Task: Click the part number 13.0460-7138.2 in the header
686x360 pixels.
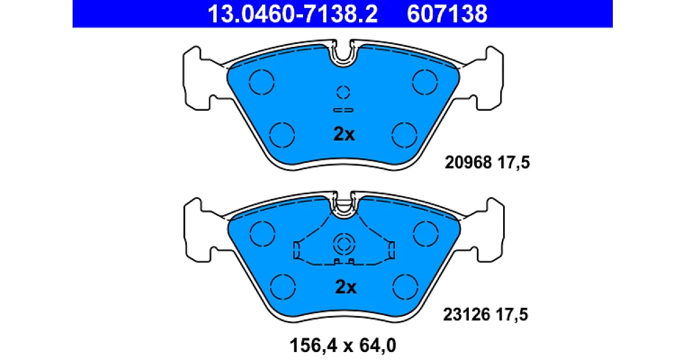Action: click(x=293, y=14)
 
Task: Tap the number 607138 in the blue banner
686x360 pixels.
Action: click(x=447, y=14)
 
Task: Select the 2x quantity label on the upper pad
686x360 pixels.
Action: click(x=344, y=134)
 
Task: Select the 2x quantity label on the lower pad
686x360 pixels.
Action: click(x=346, y=287)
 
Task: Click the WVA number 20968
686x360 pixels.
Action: click(x=468, y=162)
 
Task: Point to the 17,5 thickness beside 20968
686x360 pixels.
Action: click(x=513, y=162)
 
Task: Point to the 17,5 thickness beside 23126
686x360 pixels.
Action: click(x=512, y=315)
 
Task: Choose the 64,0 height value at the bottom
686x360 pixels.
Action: click(x=378, y=346)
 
